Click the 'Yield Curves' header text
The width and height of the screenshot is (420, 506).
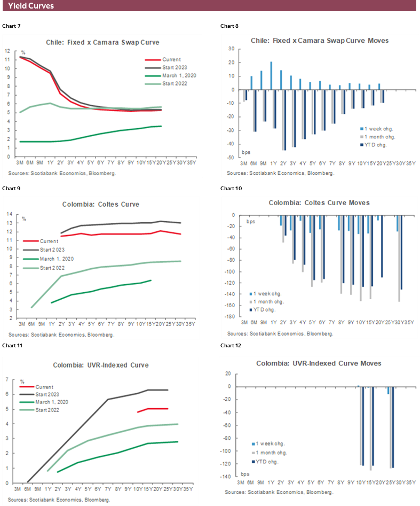pyautogui.click(x=31, y=6)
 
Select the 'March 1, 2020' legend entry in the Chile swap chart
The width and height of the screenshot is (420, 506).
pyautogui.click(x=178, y=76)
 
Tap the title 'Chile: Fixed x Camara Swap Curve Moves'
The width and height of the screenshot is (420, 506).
pyautogui.click(x=320, y=41)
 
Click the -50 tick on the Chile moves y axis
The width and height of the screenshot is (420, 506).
pyautogui.click(x=232, y=158)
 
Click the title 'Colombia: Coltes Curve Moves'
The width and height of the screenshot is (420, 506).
pyautogui.click(x=319, y=203)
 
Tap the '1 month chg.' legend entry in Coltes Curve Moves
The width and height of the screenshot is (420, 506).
pyautogui.click(x=269, y=302)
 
